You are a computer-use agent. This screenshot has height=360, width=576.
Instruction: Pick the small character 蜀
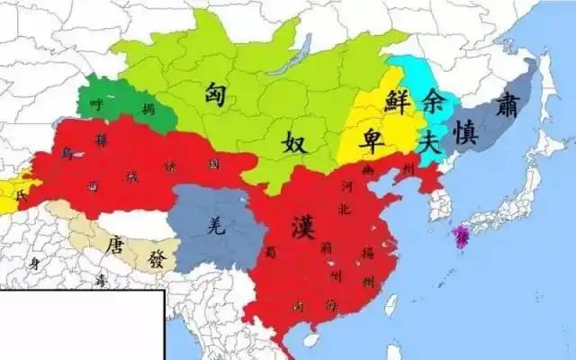(x=270, y=255)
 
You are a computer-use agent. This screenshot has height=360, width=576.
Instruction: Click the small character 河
(x=346, y=187)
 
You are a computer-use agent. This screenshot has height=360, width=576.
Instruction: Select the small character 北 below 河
(x=346, y=211)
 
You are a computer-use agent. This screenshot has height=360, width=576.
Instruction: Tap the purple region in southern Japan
(x=462, y=236)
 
